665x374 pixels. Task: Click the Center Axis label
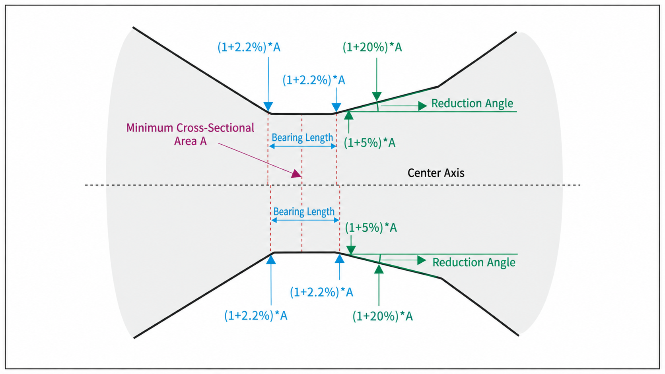pos(436,173)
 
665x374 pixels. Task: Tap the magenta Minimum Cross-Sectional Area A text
pos(190,134)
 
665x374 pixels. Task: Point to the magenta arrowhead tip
pos(301,177)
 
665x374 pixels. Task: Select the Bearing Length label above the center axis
pos(302,138)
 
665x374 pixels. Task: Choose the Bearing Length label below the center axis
pos(304,211)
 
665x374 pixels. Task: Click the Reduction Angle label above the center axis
pos(472,103)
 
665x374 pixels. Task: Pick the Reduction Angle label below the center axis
pos(474,262)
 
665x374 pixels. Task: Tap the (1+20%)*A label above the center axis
pos(372,47)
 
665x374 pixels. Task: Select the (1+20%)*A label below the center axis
pos(383,316)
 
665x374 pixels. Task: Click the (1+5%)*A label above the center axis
pos(369,143)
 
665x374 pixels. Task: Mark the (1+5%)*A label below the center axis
pos(371,228)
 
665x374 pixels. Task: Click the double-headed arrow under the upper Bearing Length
pos(303,146)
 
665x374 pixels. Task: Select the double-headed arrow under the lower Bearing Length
pos(305,220)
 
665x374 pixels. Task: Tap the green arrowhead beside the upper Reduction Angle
pos(422,106)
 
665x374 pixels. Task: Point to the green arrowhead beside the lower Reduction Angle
pos(422,260)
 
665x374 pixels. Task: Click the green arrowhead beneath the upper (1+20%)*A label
pos(377,97)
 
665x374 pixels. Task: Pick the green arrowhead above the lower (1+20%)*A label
pos(379,269)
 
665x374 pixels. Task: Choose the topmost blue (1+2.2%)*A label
pos(249,47)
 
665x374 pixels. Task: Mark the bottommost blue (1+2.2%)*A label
pos(256,316)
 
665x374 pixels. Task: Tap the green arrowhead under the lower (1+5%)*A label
pos(351,250)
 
